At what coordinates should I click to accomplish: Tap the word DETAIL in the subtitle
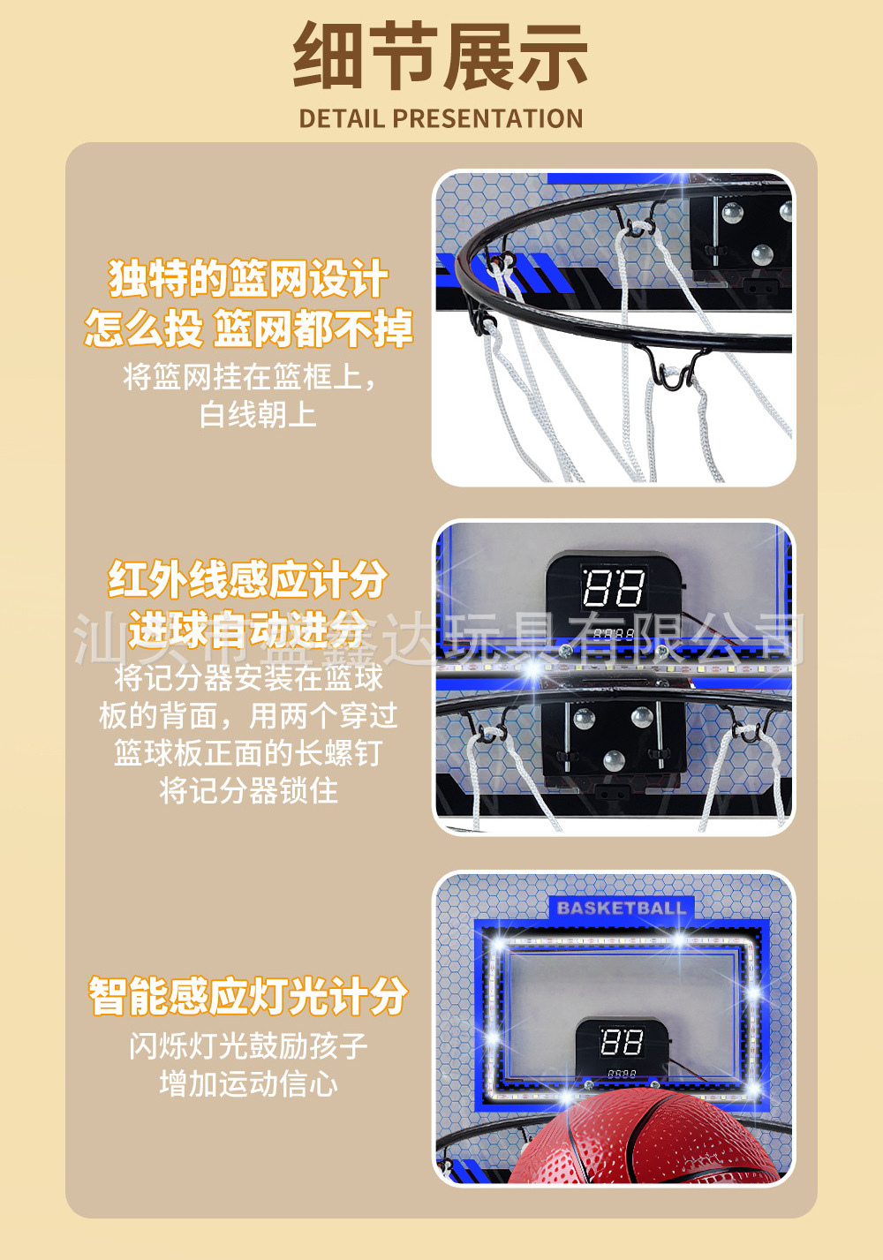point(341,118)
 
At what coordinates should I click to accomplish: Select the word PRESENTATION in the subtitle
point(487,118)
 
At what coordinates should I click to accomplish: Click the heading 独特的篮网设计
point(248,279)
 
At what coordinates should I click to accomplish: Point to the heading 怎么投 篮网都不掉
point(248,328)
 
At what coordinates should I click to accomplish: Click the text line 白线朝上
point(257,413)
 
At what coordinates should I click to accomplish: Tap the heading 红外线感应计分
point(248,580)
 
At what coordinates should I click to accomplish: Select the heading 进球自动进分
point(248,630)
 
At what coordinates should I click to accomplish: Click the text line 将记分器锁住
point(248,790)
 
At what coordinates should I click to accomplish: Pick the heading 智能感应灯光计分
point(248,996)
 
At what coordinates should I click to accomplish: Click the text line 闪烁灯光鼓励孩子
point(248,1046)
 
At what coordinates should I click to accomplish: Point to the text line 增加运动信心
point(248,1083)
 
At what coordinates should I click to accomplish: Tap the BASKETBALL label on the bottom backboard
point(621,908)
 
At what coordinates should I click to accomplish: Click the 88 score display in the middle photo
point(613,587)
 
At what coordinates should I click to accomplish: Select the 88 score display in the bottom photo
point(621,1042)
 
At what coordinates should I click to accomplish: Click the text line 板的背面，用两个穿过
point(248,715)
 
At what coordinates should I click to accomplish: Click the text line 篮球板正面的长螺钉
point(248,753)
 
